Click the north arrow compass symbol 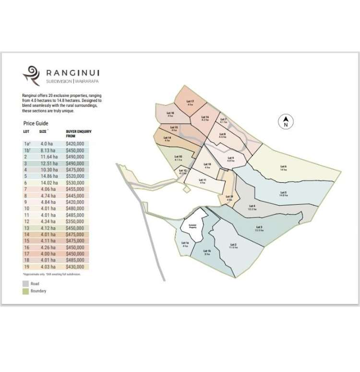tap(286, 122)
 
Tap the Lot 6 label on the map tap(283, 168)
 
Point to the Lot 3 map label tap(259, 228)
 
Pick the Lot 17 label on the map tap(190, 103)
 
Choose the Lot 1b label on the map tap(207, 252)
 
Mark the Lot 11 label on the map tap(203, 181)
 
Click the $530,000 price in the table tap(75, 183)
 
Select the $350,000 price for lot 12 tap(75, 221)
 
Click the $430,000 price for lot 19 tap(75, 267)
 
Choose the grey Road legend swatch tap(26, 284)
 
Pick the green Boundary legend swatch tap(26, 291)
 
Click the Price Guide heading tap(36, 123)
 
